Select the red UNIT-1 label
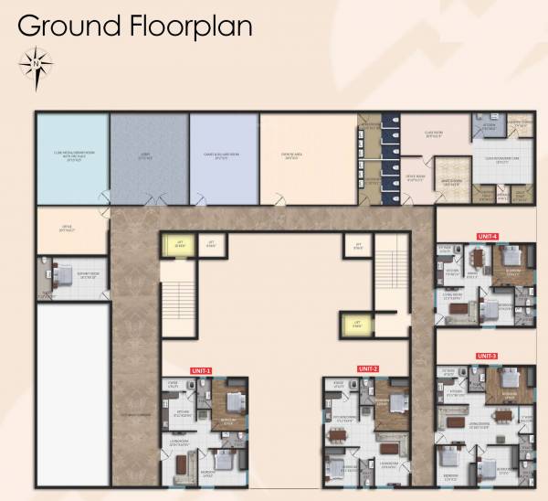(201, 370)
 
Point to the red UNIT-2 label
(369, 368)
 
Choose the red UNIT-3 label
(487, 355)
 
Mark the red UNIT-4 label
(487, 236)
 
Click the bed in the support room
(57, 271)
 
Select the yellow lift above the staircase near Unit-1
(179, 243)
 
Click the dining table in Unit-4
(471, 262)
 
